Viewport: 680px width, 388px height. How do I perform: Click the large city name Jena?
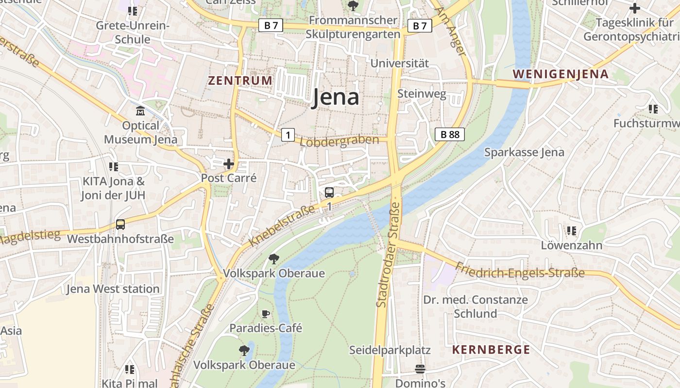coord(335,97)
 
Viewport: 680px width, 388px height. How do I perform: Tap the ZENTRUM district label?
coord(240,81)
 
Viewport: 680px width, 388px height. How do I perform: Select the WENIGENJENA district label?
coord(560,74)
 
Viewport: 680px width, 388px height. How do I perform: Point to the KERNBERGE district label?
coord(491,350)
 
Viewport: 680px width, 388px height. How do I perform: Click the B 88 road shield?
coord(449,134)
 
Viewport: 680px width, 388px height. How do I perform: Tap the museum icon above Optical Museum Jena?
coord(140,111)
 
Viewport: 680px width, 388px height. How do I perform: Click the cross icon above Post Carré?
coord(228,164)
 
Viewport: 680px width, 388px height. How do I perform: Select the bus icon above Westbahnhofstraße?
coord(120,225)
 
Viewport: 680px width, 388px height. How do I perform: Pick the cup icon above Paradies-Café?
coord(265,314)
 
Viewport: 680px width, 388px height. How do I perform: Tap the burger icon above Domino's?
coord(420,369)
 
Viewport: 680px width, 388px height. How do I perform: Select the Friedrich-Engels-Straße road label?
coord(520,270)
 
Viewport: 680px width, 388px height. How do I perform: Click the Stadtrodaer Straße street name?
coord(388,255)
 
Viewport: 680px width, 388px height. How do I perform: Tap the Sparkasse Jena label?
coord(524,152)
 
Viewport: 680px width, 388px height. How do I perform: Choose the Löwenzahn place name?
coord(572,245)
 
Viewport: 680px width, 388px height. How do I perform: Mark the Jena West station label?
coord(113,289)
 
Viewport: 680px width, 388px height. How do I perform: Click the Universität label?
coord(400,64)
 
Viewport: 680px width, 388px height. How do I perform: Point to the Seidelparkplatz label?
coord(390,350)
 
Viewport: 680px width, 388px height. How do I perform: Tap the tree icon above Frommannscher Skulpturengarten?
coord(353,6)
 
